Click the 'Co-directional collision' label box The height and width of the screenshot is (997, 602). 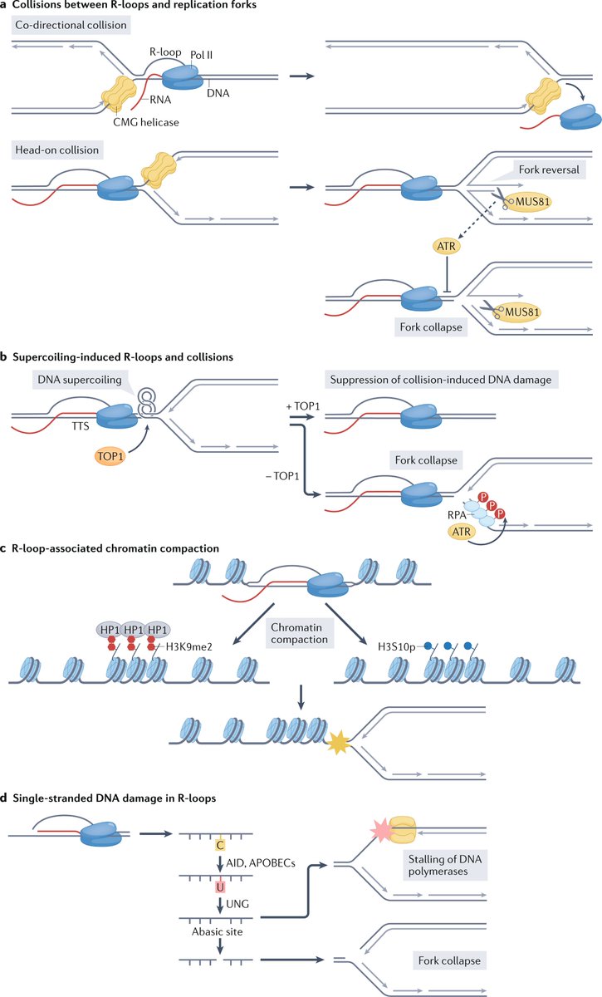71,26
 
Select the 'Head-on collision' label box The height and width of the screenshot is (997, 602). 56,150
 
